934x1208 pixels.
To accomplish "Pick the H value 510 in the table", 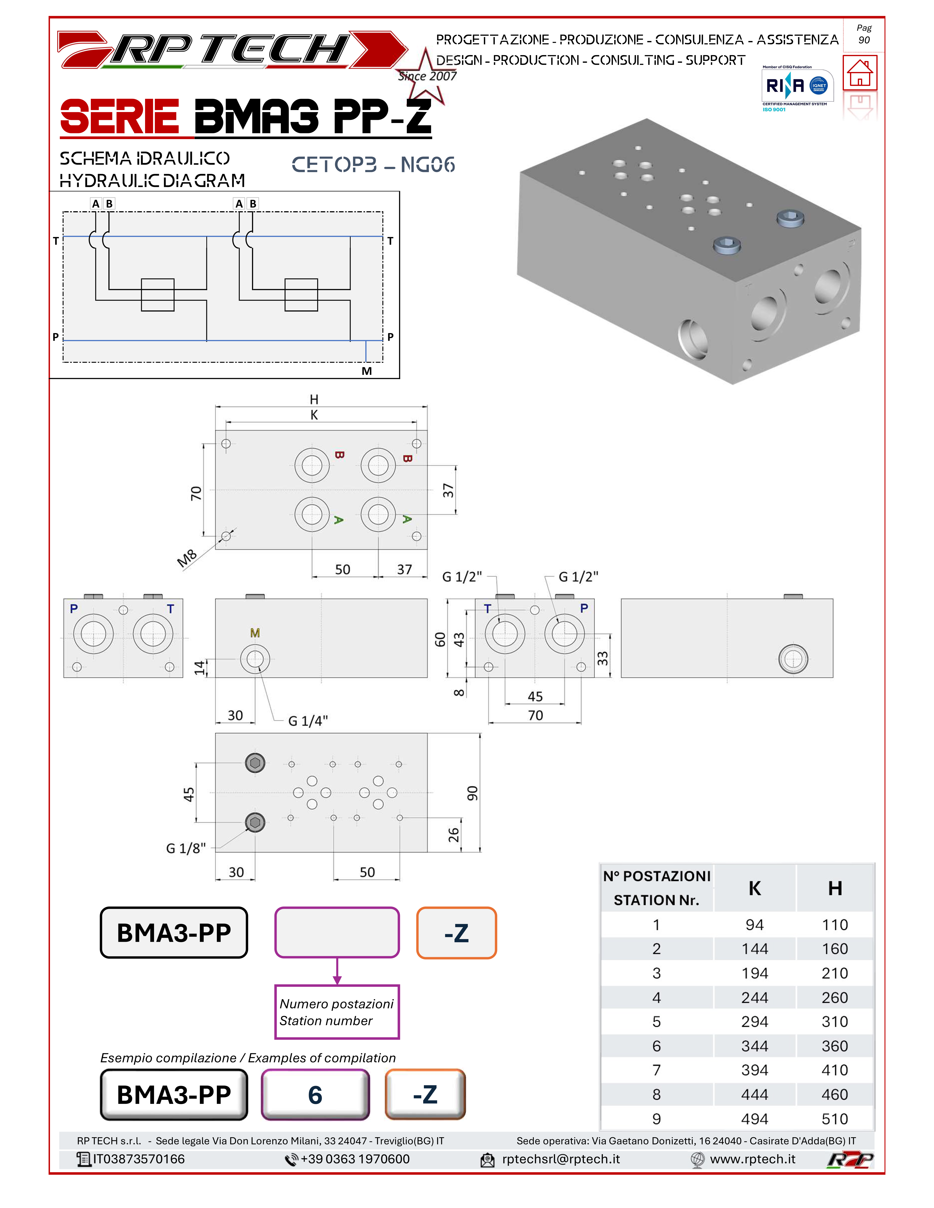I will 834,1119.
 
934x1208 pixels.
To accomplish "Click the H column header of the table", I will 834,888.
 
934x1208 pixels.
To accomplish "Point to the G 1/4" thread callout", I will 308,721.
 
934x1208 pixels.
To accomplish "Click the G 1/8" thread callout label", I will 186,849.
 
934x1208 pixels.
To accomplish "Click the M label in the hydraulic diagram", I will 366,371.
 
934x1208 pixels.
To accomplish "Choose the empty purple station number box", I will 337,932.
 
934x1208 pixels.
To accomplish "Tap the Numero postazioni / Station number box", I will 337,1012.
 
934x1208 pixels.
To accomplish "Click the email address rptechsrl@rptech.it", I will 560,1159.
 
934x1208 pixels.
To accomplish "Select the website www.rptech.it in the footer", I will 753,1159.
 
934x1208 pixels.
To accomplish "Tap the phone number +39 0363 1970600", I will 355,1159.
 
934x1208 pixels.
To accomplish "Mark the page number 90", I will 864,40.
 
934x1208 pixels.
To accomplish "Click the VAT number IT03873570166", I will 138,1159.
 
